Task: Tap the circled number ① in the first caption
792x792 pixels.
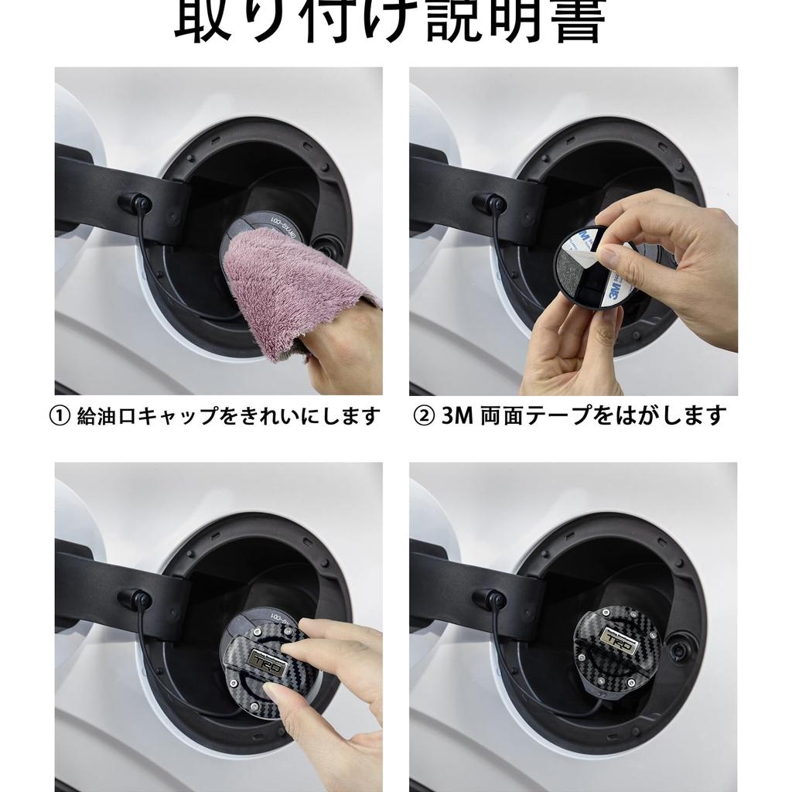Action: (60, 417)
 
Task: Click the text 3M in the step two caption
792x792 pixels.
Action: (457, 417)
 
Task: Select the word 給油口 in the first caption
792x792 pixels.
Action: (104, 417)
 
